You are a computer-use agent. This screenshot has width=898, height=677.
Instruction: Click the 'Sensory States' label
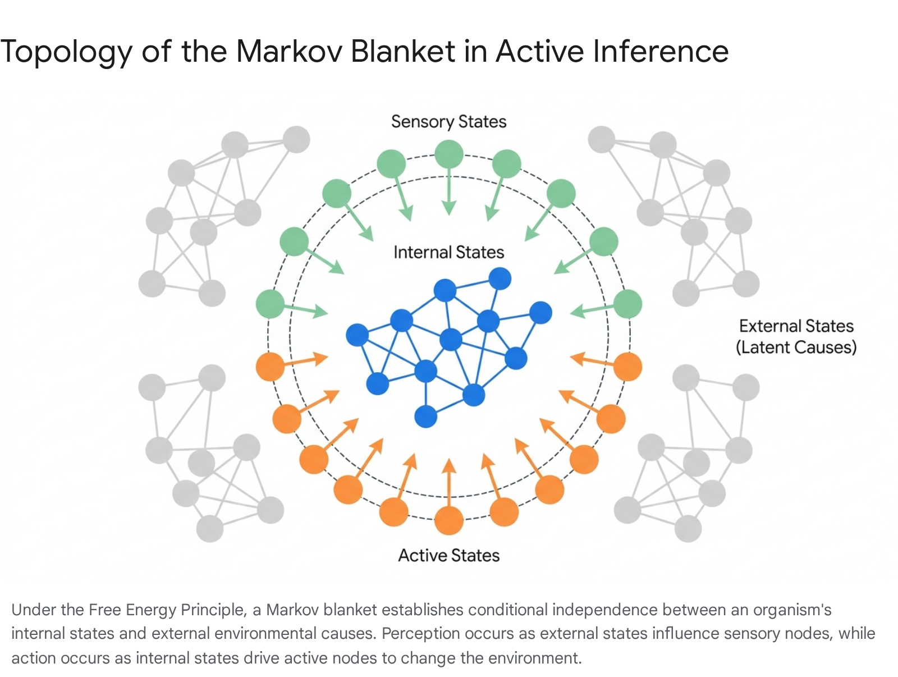tap(449, 122)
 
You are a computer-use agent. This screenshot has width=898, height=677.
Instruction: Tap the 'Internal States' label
tap(449, 253)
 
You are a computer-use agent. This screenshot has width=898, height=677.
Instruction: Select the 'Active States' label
tap(449, 556)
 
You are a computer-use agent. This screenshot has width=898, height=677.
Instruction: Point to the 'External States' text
tap(796, 326)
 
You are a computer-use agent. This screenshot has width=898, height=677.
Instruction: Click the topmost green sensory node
tap(449, 154)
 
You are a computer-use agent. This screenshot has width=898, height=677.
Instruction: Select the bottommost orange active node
tap(449, 520)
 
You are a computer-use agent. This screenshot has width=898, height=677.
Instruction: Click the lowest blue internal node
tap(425, 417)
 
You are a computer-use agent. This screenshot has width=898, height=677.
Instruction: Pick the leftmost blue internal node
tap(357, 335)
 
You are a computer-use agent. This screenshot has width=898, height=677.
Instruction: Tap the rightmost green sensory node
tap(628, 304)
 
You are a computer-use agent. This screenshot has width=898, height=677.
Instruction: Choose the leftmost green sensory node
tap(270, 304)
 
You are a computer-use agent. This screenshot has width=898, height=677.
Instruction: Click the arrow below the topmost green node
tap(449, 191)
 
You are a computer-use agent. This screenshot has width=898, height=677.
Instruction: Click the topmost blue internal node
tap(500, 278)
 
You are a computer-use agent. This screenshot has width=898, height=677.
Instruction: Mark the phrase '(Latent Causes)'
tap(796, 347)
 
